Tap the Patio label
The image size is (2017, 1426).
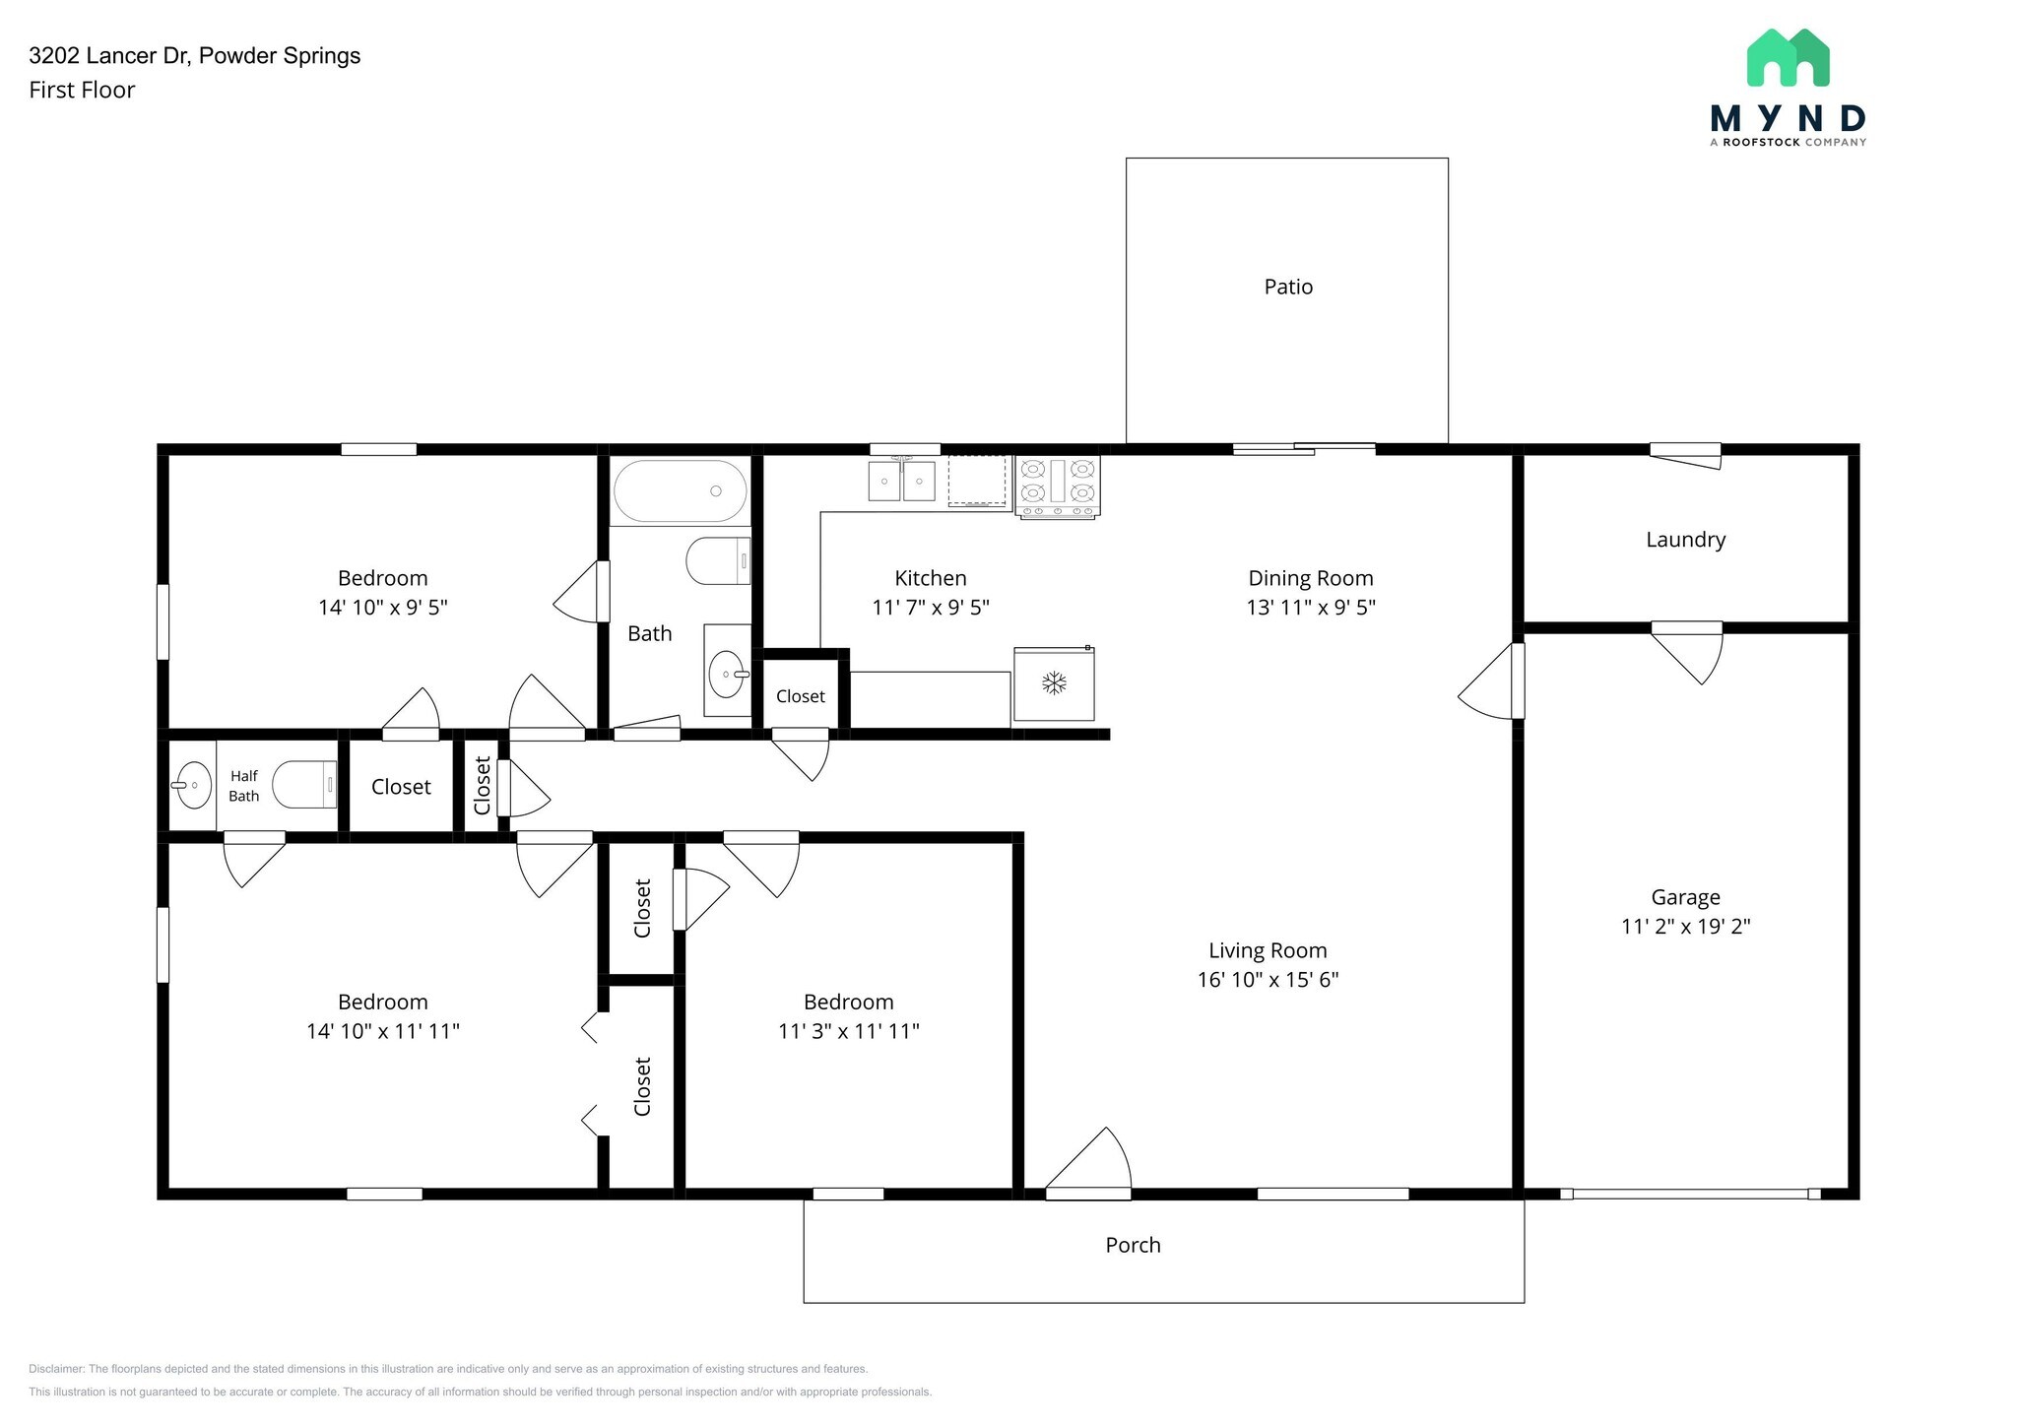1287,287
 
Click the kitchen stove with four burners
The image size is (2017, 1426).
1057,486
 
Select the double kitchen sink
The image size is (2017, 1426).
901,481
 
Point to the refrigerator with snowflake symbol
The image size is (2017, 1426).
1054,683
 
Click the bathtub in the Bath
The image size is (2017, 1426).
680,490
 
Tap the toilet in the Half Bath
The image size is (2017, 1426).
304,785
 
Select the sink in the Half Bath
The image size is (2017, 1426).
192,785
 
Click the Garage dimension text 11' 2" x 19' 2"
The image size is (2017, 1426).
1685,926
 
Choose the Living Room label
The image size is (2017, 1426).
1268,950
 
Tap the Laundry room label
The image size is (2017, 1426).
1685,540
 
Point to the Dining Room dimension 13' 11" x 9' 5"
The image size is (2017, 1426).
1310,607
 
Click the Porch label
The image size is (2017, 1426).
1133,1245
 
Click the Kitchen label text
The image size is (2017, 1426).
930,578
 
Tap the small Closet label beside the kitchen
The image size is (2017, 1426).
800,696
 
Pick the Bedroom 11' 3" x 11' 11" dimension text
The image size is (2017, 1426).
848,1031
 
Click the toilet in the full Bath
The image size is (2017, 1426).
717,561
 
